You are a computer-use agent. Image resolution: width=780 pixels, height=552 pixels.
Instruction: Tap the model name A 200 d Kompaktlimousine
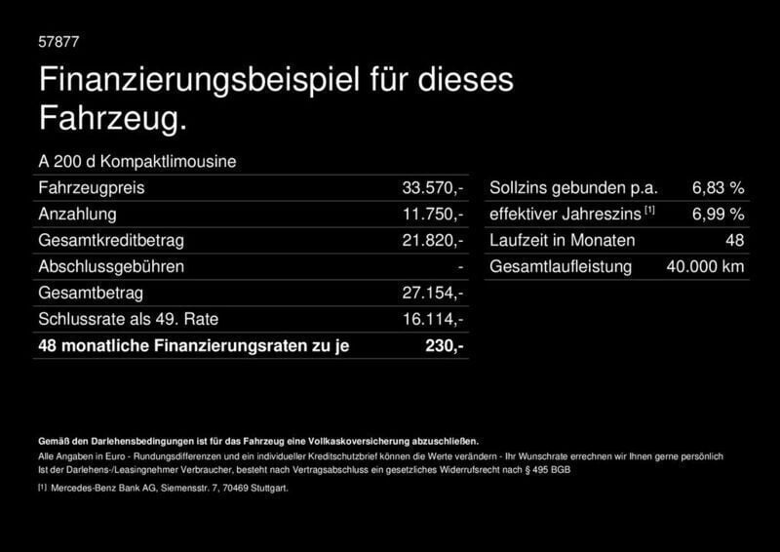click(136, 161)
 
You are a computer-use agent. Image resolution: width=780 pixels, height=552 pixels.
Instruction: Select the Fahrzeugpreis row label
click(87, 187)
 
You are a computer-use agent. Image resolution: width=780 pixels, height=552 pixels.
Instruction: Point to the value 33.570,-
click(433, 187)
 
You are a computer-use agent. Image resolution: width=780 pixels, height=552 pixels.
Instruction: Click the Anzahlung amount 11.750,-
click(433, 214)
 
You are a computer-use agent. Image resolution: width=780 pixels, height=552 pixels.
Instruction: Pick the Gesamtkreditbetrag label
click(110, 240)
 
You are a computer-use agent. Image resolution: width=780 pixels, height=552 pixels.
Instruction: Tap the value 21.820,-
click(433, 240)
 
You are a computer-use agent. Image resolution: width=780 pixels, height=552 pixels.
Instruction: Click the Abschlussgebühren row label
click(110, 266)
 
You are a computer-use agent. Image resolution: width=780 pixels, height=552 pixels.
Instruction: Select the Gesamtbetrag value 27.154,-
click(433, 293)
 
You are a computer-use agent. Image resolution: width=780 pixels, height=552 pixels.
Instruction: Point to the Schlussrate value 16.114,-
click(433, 319)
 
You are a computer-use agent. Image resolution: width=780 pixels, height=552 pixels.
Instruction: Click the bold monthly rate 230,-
click(445, 345)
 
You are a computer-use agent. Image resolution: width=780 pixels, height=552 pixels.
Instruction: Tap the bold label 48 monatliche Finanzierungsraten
click(193, 345)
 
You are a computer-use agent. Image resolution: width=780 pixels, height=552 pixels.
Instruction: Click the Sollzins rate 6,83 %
click(719, 187)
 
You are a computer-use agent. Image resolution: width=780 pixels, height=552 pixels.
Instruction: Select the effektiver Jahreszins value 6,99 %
click(719, 214)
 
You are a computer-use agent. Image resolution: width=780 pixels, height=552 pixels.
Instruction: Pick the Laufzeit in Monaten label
click(563, 240)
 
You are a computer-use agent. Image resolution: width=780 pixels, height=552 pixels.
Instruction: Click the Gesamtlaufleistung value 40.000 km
click(705, 266)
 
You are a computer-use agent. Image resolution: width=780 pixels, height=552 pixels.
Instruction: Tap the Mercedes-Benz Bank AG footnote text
click(168, 488)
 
